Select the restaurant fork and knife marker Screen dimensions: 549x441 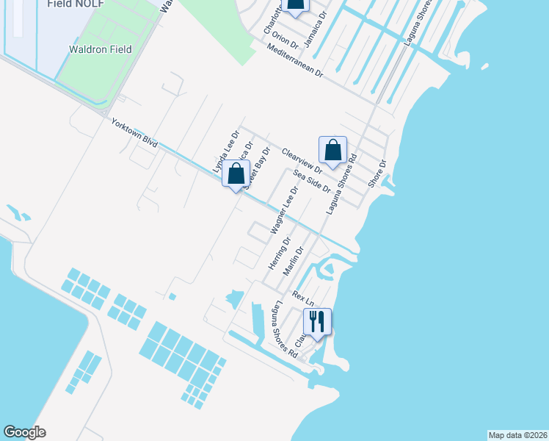(x=317, y=322)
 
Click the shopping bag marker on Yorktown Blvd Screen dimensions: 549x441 (x=236, y=175)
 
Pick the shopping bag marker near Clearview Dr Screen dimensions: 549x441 (x=332, y=151)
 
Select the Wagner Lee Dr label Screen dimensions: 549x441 (x=284, y=210)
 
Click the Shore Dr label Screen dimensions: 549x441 (x=377, y=173)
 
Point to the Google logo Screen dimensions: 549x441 (x=24, y=432)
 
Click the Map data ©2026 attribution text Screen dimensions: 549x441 (x=517, y=435)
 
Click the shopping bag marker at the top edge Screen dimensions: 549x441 (x=295, y=6)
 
